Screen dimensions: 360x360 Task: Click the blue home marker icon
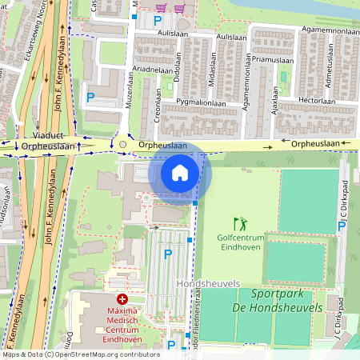click(x=180, y=172)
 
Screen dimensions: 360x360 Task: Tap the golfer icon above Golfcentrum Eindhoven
click(x=240, y=223)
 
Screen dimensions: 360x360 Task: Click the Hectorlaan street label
click(x=315, y=101)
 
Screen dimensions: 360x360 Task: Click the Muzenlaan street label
click(x=129, y=91)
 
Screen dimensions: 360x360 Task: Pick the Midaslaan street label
click(x=212, y=79)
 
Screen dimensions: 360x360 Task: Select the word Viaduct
click(x=47, y=136)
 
